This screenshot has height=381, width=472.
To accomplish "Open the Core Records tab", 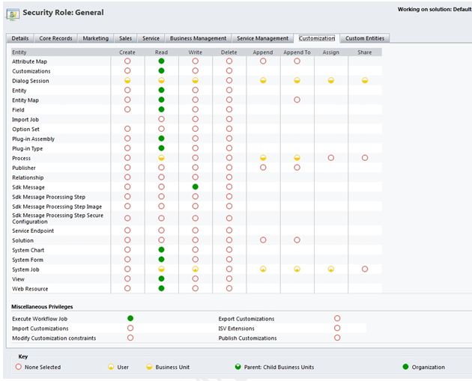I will tap(55, 38).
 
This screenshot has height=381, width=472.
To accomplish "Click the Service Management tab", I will tap(262, 38).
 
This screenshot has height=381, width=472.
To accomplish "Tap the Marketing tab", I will tap(95, 38).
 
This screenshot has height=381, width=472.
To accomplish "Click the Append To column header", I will tap(297, 52).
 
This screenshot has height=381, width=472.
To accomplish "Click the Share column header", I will tap(365, 52).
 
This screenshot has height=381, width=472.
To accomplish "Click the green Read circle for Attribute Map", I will tap(161, 61).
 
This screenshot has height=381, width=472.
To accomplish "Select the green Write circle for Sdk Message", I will tap(195, 187).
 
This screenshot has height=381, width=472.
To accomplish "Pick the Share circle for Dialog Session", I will tap(365, 81).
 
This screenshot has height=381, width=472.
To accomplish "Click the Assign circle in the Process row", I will tap(330, 158).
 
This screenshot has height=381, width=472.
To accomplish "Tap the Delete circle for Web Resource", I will tap(229, 288).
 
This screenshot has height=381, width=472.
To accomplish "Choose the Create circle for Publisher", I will tap(127, 168).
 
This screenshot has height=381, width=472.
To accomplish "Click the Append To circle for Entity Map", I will tap(297, 100).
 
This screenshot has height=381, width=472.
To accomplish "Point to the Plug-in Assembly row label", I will tap(33, 138).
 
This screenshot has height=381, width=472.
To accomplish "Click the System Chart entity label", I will tap(28, 250).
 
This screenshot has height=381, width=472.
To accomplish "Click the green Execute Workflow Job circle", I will tap(130, 319).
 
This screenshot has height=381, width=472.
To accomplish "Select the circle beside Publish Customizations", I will tap(337, 338).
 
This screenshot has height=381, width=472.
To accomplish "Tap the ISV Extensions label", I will tap(236, 329).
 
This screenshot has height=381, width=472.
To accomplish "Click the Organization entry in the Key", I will tap(427, 367).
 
